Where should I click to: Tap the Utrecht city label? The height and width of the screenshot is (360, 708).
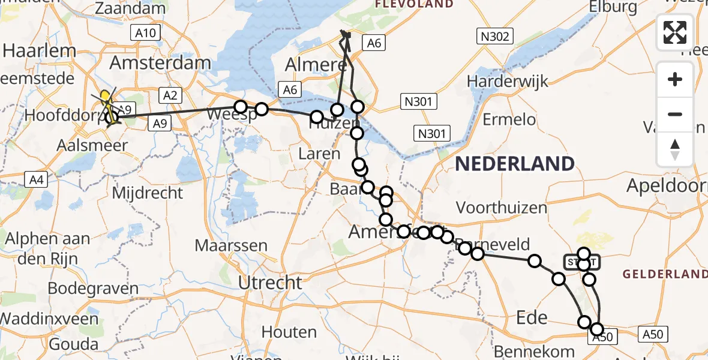pos(270,282)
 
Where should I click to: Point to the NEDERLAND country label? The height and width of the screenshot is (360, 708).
pos(515,163)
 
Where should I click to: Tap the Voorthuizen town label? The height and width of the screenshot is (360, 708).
pos(502,208)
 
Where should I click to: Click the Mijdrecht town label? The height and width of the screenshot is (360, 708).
pos(148,193)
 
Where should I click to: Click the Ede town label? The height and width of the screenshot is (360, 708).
pos(528,317)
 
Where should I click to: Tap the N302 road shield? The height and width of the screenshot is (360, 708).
pos(495,37)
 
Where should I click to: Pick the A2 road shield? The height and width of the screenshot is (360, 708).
pos(170,94)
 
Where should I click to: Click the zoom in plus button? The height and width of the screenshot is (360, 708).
pos(675,79)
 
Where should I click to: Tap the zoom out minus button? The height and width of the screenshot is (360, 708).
pos(675,114)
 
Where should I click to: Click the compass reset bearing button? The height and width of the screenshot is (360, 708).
pos(675,149)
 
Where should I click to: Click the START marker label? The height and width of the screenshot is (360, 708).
pos(581,263)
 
